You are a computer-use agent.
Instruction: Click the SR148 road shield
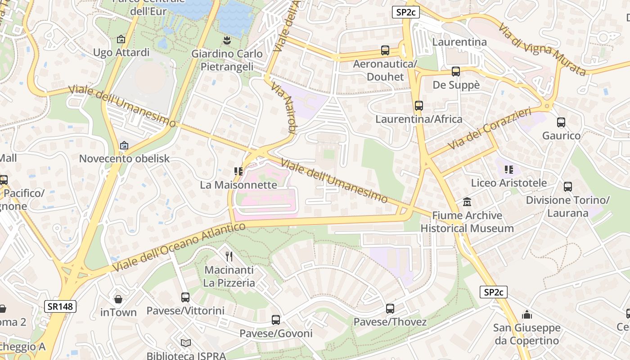tap(61, 306)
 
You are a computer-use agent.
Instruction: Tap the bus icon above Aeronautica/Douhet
tap(385, 50)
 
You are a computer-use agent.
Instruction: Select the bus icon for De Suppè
tap(456, 72)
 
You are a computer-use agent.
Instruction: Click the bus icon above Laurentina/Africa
tap(419, 106)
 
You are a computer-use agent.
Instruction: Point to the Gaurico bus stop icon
tap(561, 122)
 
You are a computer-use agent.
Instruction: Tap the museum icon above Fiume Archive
tap(467, 202)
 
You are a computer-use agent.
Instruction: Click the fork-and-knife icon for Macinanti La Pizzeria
tap(229, 256)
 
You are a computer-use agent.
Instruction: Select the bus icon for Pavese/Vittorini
tap(185, 297)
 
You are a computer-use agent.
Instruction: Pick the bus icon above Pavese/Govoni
tap(276, 320)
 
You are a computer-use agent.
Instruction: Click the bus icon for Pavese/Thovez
tap(390, 309)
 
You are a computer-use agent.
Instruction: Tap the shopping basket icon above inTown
tap(118, 299)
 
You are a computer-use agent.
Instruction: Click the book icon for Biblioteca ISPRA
tap(186, 343)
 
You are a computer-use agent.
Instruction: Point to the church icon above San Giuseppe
tap(527, 315)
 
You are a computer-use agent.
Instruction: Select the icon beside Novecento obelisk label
tap(124, 145)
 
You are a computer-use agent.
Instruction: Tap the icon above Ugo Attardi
tap(121, 39)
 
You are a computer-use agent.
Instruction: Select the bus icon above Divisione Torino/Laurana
tap(568, 186)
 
